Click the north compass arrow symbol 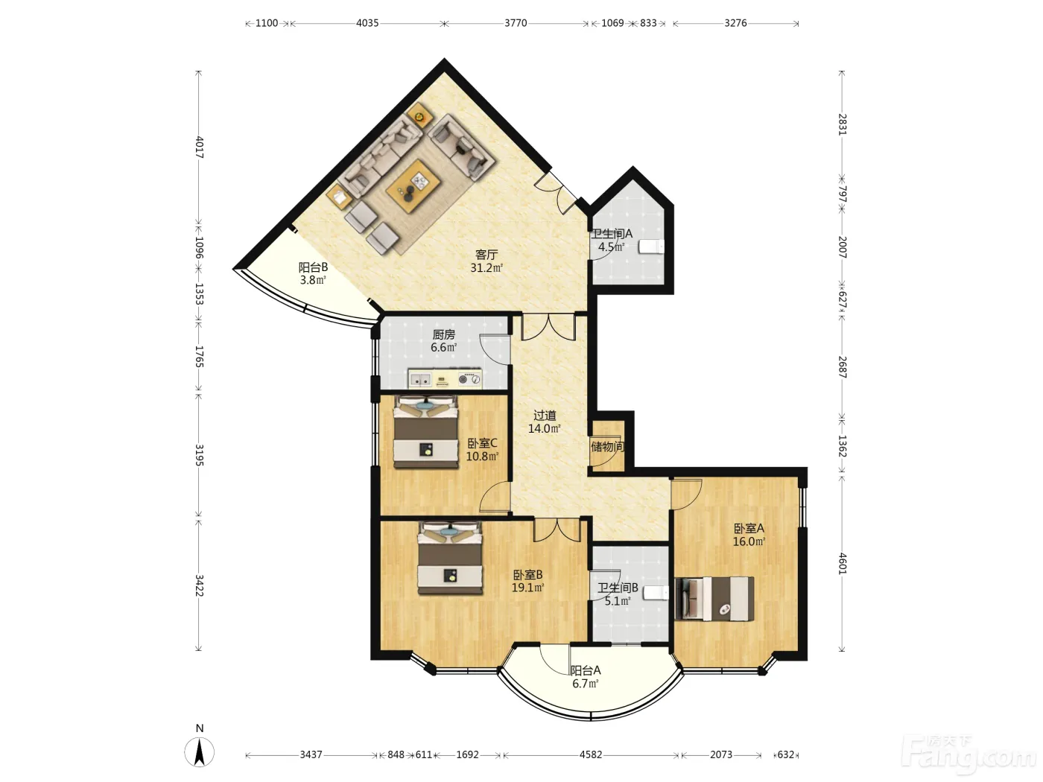pos(199,751)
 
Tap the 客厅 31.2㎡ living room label pos(486,261)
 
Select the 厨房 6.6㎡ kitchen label pos(444,341)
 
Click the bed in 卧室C pos(425,432)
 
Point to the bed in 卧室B pos(450,559)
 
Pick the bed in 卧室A pos(714,599)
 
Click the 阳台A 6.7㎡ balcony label pos(586,677)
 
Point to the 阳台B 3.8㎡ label pos(313,273)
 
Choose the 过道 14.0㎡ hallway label pos(545,422)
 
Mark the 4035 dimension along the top pos(367,23)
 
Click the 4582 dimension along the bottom pos(591,754)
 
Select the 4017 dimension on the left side pos(199,147)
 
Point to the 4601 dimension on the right pos(843,564)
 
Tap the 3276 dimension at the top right pos(735,23)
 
